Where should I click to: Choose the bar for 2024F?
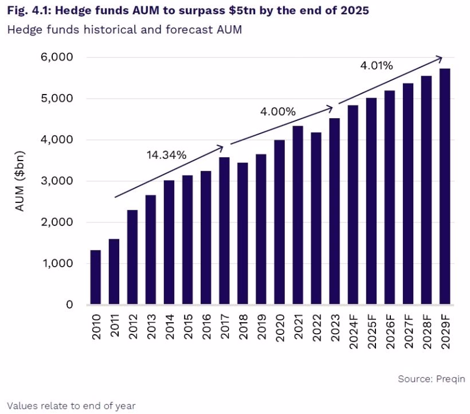pyautogui.click(x=352, y=205)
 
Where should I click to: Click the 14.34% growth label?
pyautogui.click(x=166, y=155)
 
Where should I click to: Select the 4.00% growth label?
pyautogui.click(x=277, y=111)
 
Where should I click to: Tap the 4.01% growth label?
pyautogui.click(x=376, y=66)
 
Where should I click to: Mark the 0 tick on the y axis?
pyautogui.click(x=69, y=304)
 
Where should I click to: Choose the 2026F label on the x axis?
pyautogui.click(x=390, y=331)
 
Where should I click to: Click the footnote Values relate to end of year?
pyautogui.click(x=72, y=405)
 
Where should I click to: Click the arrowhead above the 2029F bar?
pyautogui.click(x=440, y=58)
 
